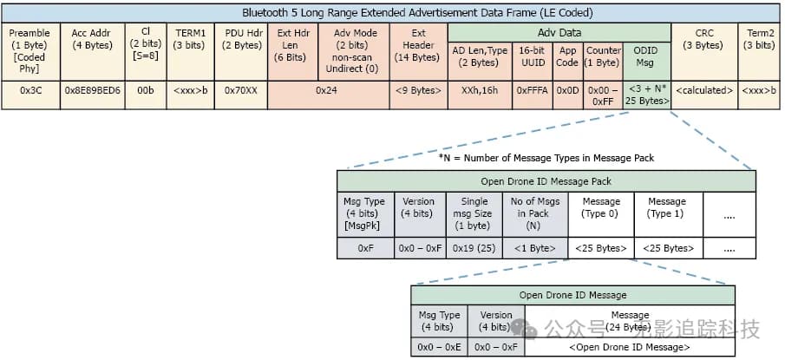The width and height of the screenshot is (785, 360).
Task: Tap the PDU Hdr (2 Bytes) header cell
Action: pyautogui.click(x=242, y=44)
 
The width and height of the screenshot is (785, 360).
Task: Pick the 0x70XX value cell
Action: pyautogui.click(x=242, y=89)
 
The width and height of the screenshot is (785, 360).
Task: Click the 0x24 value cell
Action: pyautogui.click(x=327, y=89)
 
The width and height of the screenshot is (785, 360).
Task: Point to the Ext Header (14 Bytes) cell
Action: pyautogui.click(x=417, y=44)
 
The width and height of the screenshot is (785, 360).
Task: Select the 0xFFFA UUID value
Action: pyautogui.click(x=532, y=89)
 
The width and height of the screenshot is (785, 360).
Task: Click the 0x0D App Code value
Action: pyautogui.click(x=567, y=89)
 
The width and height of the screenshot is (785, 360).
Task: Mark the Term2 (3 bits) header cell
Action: pyautogui.click(x=761, y=39)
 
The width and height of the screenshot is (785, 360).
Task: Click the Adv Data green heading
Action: pyautogui.click(x=559, y=29)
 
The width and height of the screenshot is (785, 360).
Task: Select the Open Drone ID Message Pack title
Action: pyautogui.click(x=546, y=181)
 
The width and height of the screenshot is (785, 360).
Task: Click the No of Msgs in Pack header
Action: pyautogui.click(x=534, y=213)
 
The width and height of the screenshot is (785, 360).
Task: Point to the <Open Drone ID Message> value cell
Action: pyautogui.click(x=630, y=347)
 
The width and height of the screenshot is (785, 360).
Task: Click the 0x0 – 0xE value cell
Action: pyautogui.click(x=439, y=347)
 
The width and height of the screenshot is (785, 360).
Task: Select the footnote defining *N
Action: pyautogui.click(x=546, y=157)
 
